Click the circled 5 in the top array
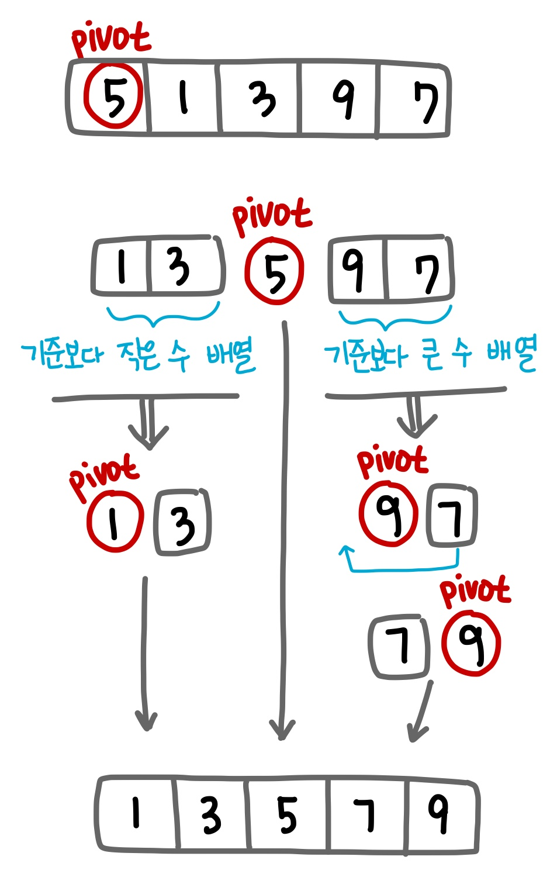pos(113,96)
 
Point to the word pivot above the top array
pos(110,39)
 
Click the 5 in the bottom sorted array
pos(287,815)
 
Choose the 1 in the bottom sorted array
pos(136,813)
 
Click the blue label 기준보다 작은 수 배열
pos(138,355)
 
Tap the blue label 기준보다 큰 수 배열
pos(430,354)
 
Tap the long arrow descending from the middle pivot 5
pos(285,526)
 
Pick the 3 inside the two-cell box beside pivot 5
pos(179,267)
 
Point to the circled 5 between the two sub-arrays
pos(275,271)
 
